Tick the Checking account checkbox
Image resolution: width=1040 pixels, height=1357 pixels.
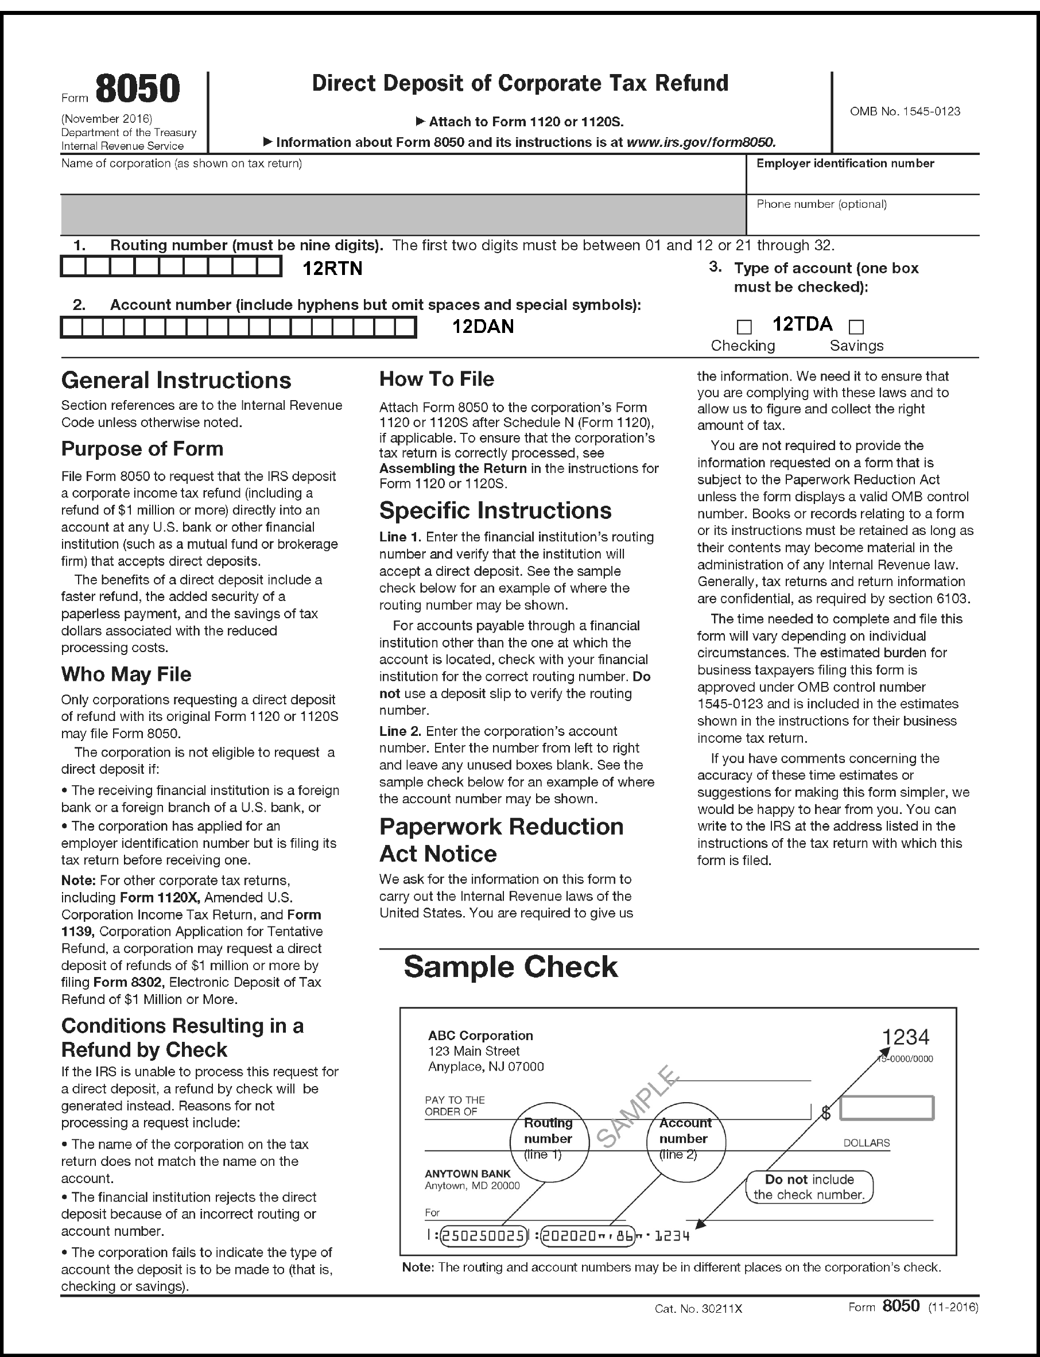744,326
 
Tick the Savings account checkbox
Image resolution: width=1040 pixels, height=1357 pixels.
856,326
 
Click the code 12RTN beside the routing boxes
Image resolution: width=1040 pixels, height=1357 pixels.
332,269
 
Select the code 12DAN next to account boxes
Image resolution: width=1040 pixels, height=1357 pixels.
483,326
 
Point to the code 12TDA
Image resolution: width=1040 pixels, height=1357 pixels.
802,324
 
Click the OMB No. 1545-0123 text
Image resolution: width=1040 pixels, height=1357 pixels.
905,111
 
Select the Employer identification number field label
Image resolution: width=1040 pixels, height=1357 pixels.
845,164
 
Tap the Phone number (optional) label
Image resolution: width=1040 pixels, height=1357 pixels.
821,204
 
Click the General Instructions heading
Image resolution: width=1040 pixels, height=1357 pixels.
176,380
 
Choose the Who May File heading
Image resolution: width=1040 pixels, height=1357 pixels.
126,674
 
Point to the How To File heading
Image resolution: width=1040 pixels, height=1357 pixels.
436,379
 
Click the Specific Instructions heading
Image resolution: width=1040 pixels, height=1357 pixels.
495,511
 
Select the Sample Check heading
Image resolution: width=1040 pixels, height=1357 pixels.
511,967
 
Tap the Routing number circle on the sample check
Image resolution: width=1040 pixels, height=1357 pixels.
549,1138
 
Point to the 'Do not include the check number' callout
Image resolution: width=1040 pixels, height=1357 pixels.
809,1187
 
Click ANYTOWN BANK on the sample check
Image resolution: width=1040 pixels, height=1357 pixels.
467,1174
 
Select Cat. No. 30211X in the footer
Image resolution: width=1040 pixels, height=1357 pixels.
698,1309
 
